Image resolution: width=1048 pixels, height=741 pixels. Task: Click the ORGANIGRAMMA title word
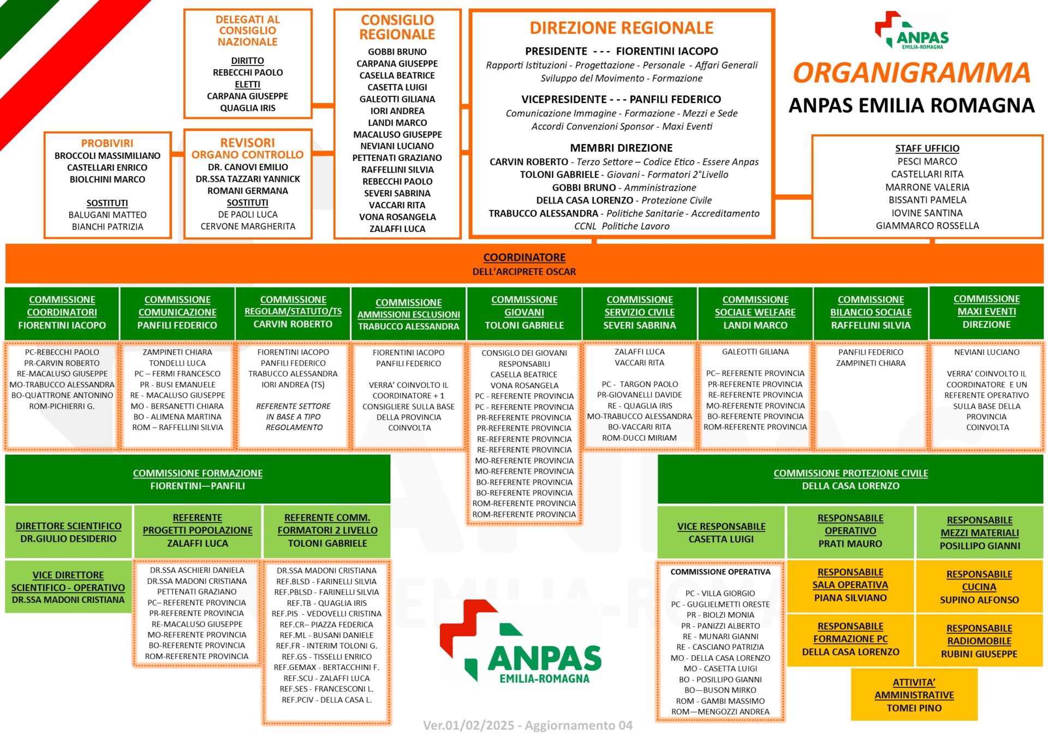[912, 73]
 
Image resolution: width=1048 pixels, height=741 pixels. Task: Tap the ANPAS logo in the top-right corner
[912, 31]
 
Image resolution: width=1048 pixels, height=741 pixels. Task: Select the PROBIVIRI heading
[107, 143]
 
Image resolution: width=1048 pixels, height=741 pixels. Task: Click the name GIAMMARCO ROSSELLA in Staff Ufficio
[927, 225]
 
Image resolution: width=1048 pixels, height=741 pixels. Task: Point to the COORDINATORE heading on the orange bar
[524, 257]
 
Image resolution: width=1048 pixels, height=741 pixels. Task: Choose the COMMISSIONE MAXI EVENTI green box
[986, 313]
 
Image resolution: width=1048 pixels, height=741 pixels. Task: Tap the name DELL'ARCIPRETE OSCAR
[524, 271]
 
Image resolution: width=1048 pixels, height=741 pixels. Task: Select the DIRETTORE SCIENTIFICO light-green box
[68, 532]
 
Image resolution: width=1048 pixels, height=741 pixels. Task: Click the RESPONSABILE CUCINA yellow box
[979, 587]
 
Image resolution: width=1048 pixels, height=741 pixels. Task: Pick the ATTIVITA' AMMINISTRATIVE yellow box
[914, 695]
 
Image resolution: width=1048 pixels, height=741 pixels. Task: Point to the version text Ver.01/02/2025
[468, 725]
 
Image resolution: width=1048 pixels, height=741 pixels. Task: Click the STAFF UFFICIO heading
[927, 148]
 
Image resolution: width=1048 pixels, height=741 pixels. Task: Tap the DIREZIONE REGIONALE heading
[621, 28]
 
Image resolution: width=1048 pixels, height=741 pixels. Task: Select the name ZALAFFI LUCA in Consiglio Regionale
[397, 229]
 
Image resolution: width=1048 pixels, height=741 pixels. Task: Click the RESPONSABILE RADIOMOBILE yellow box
[979, 641]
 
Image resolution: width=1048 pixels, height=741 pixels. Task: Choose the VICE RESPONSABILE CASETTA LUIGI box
[721, 533]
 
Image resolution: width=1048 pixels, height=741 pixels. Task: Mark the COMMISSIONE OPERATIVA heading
[720, 572]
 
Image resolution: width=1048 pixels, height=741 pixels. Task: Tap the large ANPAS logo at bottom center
[521, 642]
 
